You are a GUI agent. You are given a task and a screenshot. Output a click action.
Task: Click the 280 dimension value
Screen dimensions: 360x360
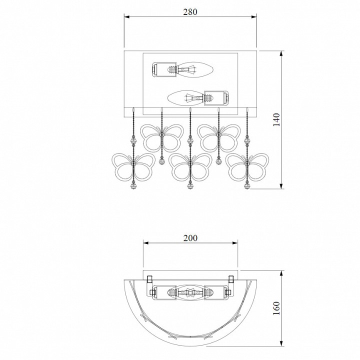(x=190, y=11)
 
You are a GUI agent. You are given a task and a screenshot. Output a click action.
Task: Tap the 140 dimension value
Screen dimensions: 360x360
(x=276, y=119)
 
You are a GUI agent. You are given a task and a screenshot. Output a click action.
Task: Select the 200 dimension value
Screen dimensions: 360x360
(x=190, y=238)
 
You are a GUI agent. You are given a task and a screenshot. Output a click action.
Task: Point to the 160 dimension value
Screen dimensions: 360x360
(x=276, y=308)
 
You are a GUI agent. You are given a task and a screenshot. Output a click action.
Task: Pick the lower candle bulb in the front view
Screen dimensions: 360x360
(x=186, y=98)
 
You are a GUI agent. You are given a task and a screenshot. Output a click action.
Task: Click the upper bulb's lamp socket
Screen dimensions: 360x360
(x=164, y=69)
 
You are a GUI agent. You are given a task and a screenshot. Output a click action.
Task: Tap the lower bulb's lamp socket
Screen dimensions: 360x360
(x=216, y=98)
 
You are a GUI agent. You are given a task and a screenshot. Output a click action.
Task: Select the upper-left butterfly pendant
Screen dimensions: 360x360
(x=162, y=138)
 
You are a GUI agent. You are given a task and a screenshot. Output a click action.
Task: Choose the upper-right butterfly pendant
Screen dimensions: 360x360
(x=219, y=138)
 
